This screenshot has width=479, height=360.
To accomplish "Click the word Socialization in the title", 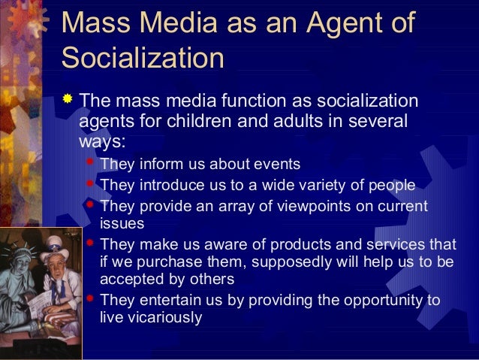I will (143, 58).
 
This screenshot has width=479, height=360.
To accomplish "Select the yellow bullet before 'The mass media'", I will (68, 99).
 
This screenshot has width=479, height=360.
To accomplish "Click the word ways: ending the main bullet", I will (103, 141).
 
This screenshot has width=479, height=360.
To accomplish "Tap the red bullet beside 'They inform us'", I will (90, 162).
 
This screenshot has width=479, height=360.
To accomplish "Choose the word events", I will (276, 165).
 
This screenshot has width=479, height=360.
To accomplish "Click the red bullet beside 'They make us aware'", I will (90, 243).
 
